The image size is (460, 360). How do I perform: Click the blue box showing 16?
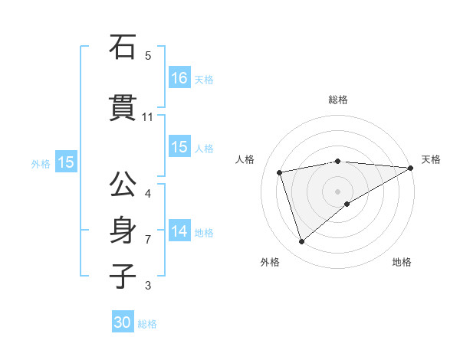179,78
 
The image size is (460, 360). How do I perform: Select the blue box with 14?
179,232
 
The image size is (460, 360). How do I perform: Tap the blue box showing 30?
123,322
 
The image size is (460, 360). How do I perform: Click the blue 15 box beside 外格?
65,162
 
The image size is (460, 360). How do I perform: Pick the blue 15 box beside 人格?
179,148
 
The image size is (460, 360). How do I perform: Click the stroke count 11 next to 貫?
148,117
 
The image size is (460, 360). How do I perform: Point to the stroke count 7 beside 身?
148,240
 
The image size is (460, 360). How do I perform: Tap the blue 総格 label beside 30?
147,324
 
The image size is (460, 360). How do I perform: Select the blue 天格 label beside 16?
204,80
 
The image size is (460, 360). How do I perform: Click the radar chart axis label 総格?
337,100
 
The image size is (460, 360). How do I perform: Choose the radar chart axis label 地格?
402,263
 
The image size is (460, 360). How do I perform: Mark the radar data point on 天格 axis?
412,168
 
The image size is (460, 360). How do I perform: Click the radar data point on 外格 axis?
301,242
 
